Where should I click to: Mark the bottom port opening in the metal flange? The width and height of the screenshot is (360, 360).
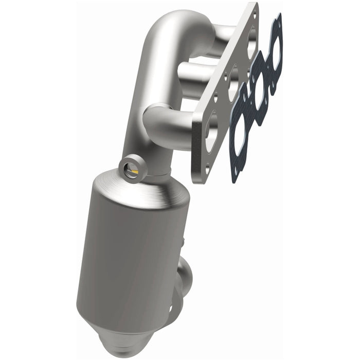coord(211,133)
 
